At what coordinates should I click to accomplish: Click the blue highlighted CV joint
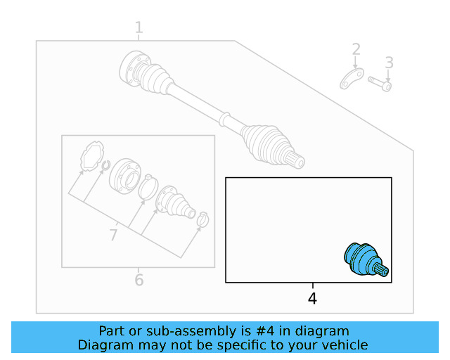tap(362, 259)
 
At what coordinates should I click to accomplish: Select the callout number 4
tap(312, 299)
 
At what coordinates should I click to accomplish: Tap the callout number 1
tap(139, 27)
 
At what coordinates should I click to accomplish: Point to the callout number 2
tap(356, 49)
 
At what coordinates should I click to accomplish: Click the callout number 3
tap(389, 63)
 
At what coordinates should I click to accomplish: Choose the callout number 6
tap(139, 281)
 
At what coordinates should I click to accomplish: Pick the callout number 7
tap(113, 235)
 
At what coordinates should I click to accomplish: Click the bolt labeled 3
tap(379, 84)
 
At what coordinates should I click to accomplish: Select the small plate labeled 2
tap(352, 79)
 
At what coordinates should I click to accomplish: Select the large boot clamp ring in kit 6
tap(148, 188)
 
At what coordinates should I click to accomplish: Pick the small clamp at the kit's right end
tap(202, 220)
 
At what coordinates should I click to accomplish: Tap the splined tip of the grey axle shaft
tap(298, 162)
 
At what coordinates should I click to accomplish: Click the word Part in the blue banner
tap(112, 330)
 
